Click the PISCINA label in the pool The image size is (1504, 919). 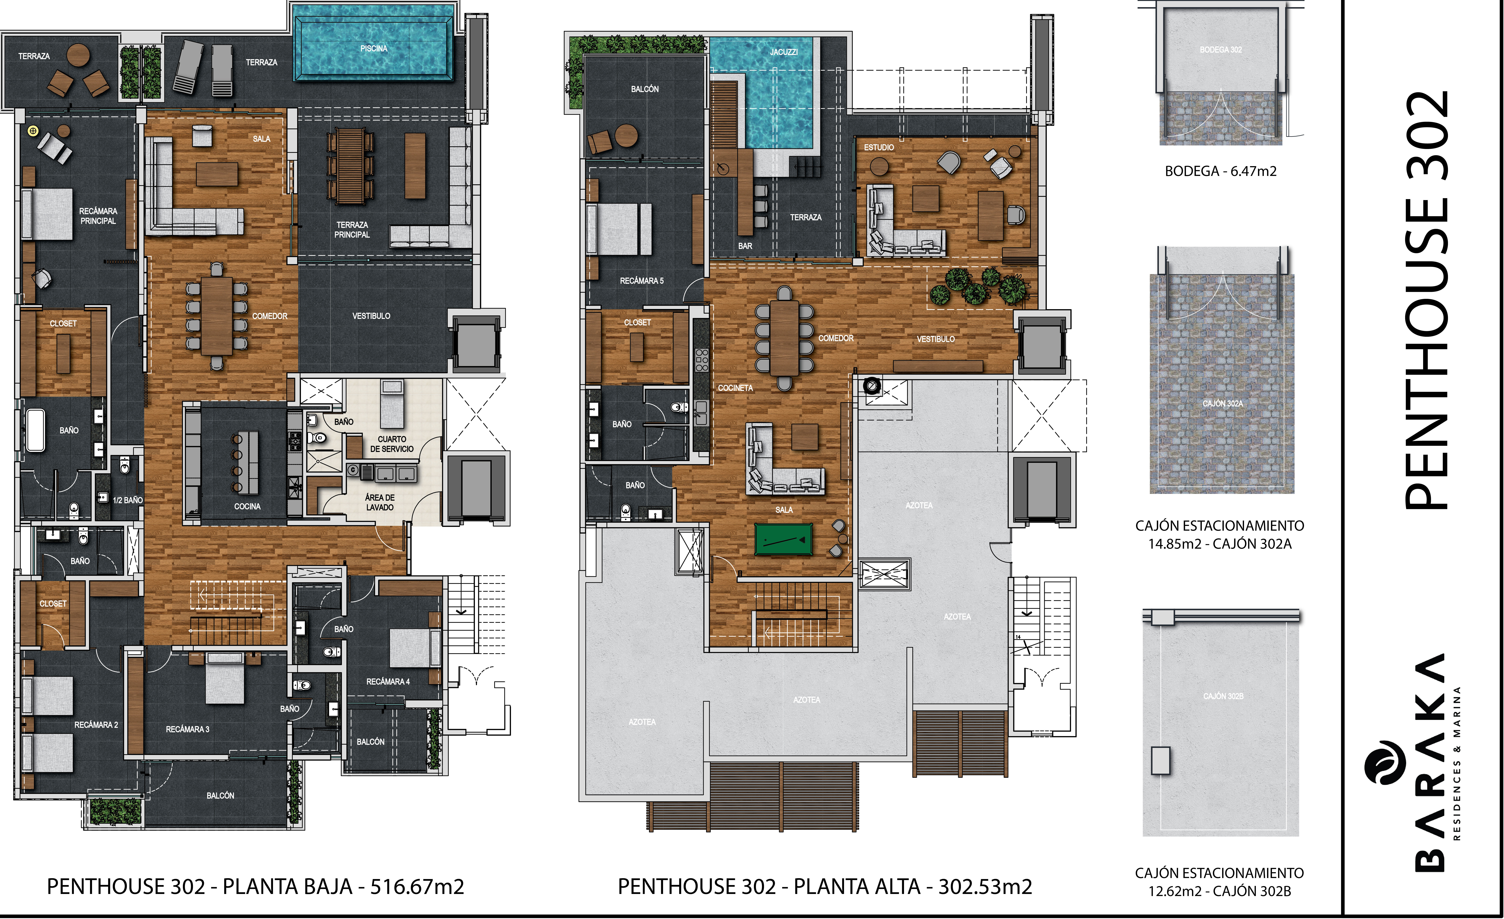(x=374, y=48)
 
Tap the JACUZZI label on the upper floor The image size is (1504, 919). (x=784, y=52)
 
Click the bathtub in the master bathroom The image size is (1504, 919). (x=35, y=431)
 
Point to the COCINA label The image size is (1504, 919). (x=247, y=506)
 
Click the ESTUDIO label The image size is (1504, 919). (x=879, y=147)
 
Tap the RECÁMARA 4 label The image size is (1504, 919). (x=388, y=682)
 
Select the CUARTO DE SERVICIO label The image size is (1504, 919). (x=392, y=444)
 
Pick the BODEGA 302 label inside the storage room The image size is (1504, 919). (x=1221, y=49)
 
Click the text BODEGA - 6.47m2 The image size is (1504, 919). (x=1221, y=171)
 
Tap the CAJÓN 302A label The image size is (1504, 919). (x=1223, y=404)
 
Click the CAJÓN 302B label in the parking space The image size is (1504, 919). (x=1223, y=696)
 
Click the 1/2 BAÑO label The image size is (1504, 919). (x=128, y=500)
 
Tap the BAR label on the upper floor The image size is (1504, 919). (x=745, y=246)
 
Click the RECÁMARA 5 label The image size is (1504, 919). (x=641, y=281)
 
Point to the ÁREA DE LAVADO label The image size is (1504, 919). (x=380, y=503)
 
